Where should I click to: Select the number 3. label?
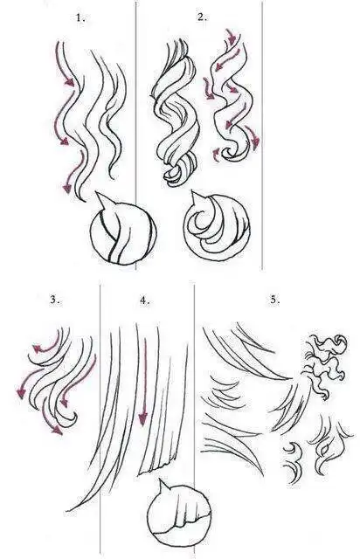coord(54,299)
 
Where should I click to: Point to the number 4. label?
coord(144,300)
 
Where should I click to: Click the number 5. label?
coord(274,299)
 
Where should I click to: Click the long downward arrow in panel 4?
coord(142,376)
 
